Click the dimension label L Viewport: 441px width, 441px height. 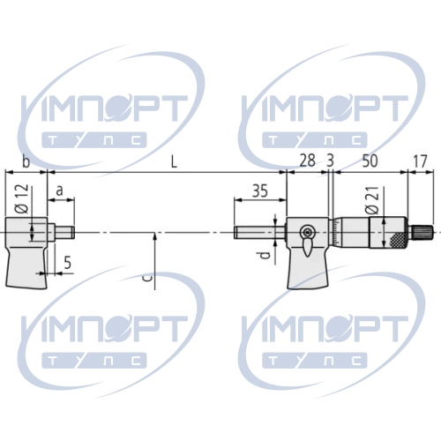click(175, 162)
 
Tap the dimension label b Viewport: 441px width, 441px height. click(26, 161)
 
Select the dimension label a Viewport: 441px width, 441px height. click(60, 191)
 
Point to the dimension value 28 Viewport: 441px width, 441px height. click(307, 161)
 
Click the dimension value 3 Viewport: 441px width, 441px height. click(331, 161)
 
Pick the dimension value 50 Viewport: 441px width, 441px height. click(370, 161)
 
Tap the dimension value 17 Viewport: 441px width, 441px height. click(420, 161)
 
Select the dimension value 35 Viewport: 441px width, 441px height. click(260, 191)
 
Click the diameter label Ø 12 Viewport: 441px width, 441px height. click(23, 198)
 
